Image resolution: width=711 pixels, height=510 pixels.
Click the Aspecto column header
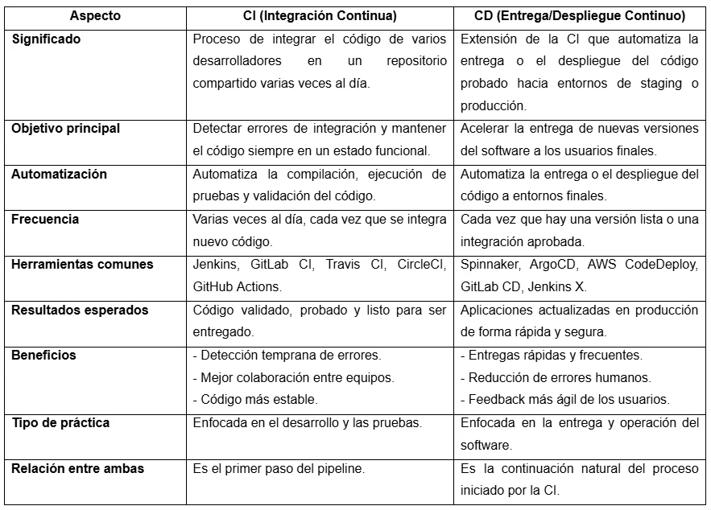click(x=95, y=15)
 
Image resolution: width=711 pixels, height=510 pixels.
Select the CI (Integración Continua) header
click(x=320, y=15)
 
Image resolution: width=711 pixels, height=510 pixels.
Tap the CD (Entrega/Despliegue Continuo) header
click(x=580, y=15)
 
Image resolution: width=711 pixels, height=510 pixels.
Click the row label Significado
click(x=47, y=38)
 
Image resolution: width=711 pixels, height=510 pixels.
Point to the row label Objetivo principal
click(x=66, y=128)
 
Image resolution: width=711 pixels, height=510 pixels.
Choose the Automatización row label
click(x=60, y=174)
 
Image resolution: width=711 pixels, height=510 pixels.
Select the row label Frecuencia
click(x=45, y=219)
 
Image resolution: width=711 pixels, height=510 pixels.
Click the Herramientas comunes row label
click(x=82, y=264)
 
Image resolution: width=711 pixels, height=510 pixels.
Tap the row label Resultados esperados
click(x=80, y=310)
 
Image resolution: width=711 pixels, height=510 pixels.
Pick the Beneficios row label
click(x=43, y=355)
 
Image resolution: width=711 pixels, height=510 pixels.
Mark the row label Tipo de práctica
click(x=60, y=422)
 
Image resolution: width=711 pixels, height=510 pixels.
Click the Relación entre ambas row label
click(x=78, y=467)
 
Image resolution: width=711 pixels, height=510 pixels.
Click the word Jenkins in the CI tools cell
click(x=213, y=264)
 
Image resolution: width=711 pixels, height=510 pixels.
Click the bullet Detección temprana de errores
click(x=287, y=355)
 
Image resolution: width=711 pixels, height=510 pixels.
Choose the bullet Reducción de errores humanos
click(x=556, y=377)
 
